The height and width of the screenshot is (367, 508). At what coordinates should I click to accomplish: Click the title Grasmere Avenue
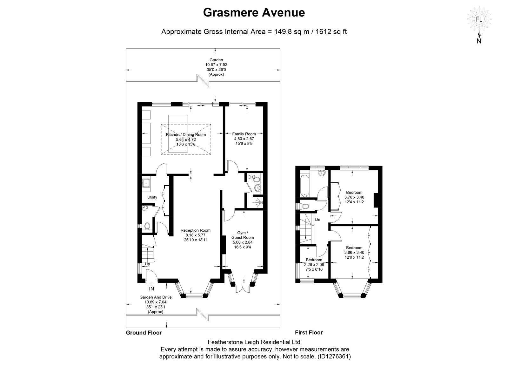coord(254,12)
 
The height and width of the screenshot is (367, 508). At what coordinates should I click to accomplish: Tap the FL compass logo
coord(479,19)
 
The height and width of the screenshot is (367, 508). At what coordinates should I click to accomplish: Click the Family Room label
coord(244,134)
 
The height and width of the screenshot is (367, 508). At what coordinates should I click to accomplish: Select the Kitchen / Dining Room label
coord(186,135)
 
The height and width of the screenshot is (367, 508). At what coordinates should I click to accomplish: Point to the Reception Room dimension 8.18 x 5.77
coord(196,235)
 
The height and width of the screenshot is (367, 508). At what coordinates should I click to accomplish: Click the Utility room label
coord(152,197)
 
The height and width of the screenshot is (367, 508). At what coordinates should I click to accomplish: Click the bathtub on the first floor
coord(304,186)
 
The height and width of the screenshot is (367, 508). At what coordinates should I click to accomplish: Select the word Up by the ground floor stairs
coord(147,264)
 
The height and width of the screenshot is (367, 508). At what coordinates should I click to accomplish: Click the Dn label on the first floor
coord(317,220)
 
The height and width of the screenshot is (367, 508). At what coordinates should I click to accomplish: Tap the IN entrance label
coord(151,289)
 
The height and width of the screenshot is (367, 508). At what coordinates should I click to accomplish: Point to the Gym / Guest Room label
coord(243,235)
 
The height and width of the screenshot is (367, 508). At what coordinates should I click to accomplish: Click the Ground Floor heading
coord(144,333)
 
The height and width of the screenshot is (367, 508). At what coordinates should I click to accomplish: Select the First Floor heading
coord(309,332)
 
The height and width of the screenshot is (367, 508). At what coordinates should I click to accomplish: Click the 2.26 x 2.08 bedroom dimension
coord(314,265)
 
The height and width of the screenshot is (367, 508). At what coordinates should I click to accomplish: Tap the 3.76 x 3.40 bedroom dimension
coord(354,197)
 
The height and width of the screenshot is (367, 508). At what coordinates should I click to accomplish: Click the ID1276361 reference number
coord(334,357)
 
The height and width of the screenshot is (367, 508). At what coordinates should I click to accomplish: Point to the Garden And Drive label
coord(156,297)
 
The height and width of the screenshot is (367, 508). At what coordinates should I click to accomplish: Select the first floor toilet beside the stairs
coord(305,207)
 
